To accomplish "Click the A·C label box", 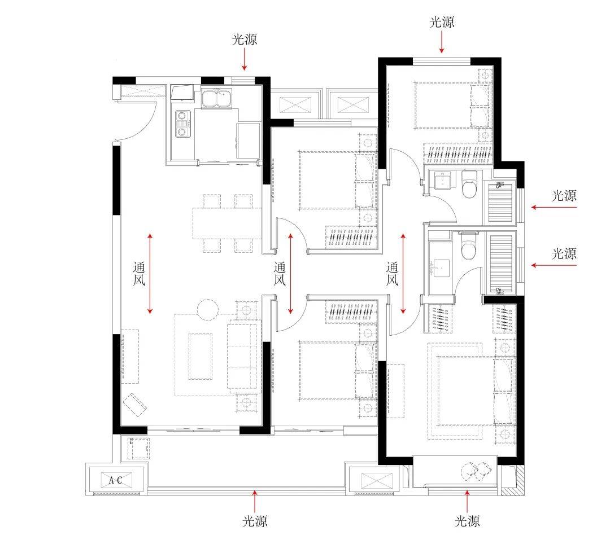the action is coord(116,480).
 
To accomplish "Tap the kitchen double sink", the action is coord(216,98).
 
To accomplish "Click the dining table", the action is coord(227,223).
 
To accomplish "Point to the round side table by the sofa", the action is coord(208,310).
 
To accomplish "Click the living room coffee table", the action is coord(201,355).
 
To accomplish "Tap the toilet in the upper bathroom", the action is coord(470,185).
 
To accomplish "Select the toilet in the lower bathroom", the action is coord(468,246).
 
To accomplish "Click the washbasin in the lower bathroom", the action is coord(440,268).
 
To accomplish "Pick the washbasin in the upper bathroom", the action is coord(443,181).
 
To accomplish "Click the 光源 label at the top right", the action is coord(442,23).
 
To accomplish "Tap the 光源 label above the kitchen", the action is coord(245,39).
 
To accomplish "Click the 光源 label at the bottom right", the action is coord(467,521).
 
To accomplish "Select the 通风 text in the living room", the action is coord(139,274).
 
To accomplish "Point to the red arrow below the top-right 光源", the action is coord(442,42).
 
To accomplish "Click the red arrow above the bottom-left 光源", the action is coord(255,501).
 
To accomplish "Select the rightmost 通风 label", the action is coord(392,274).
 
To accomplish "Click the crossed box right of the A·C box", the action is coord(377,481).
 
